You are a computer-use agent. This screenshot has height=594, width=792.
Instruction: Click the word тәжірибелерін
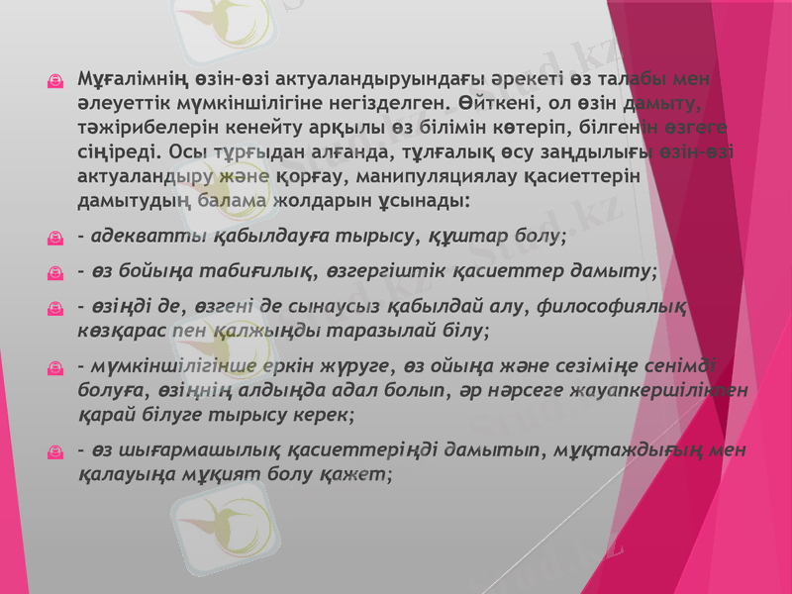click(x=138, y=128)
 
